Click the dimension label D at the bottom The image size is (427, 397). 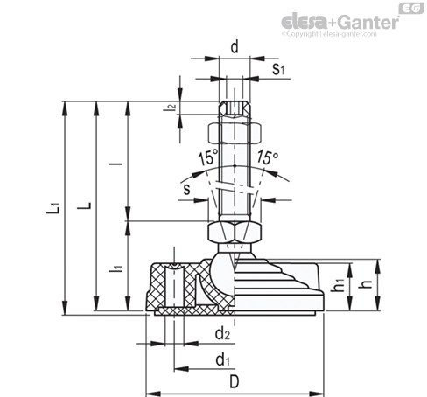(234, 381)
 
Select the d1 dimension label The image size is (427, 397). (222, 359)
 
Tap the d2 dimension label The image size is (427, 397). (222, 334)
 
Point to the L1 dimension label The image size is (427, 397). (53, 208)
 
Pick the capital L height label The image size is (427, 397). (84, 205)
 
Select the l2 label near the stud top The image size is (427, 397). (170, 107)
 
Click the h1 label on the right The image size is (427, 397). (339, 284)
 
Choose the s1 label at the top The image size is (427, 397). (278, 69)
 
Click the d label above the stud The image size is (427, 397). (234, 47)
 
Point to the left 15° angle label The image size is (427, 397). (208, 157)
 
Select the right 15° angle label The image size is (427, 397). (268, 157)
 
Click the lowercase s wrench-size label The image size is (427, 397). (186, 189)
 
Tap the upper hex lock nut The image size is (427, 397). (234, 133)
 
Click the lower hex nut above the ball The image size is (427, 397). (234, 232)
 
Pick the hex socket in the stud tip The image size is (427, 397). (234, 109)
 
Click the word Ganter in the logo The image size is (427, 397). (368, 23)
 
